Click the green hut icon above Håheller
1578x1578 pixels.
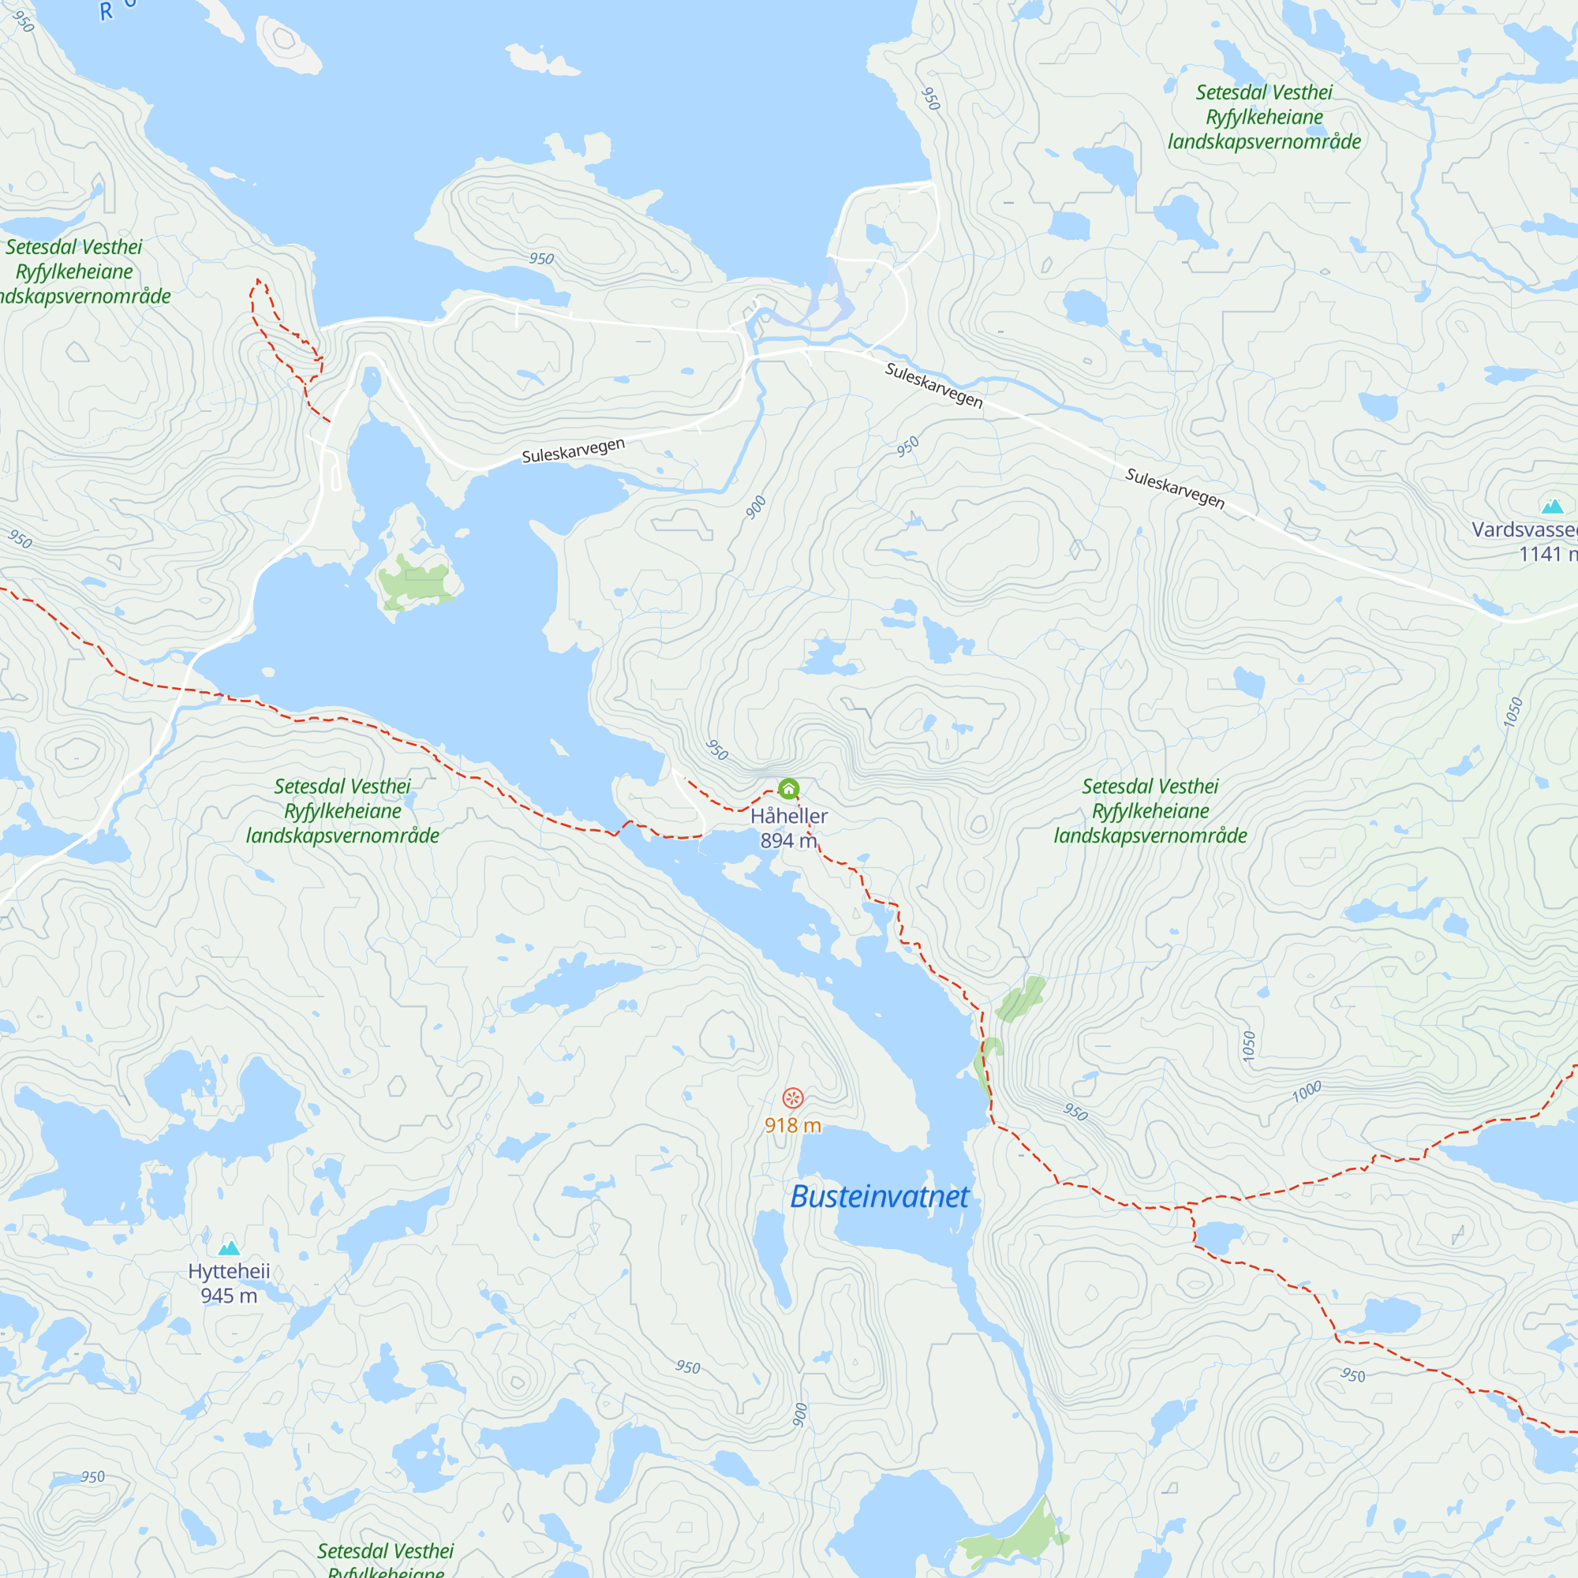tap(788, 789)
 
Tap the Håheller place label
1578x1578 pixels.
tap(789, 816)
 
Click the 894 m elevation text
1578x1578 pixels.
tap(788, 840)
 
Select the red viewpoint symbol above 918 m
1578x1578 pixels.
tap(792, 1097)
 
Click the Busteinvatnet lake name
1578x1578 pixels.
tap(879, 1197)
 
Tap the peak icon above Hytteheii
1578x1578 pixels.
tap(230, 1247)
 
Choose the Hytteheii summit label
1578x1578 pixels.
tap(229, 1271)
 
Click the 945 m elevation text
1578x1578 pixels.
tap(229, 1296)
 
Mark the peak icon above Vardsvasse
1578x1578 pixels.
tap(1552, 507)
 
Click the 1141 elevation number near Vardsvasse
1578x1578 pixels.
tap(1539, 555)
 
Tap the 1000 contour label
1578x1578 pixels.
tap(1307, 1091)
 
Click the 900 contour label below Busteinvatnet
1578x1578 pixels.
tap(799, 1414)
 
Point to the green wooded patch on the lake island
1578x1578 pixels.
tap(414, 580)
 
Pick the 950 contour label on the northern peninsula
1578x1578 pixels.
tap(541, 259)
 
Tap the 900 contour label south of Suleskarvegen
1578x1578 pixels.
tap(756, 507)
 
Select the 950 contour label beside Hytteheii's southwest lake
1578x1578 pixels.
tap(92, 1477)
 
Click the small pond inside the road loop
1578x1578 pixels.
tap(371, 381)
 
